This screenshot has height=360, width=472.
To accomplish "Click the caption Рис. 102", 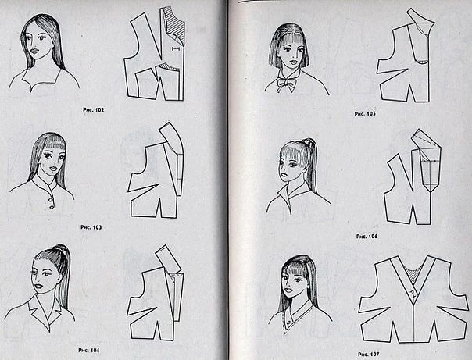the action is tap(93, 110).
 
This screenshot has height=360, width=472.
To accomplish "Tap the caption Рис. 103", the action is tap(91, 227).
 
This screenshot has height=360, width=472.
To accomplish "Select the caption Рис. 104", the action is tap(89, 350).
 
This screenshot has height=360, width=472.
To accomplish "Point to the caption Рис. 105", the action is tap(365, 114).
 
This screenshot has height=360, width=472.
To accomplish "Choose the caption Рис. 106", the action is tap(367, 237).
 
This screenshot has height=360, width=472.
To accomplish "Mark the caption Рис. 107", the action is tap(369, 354).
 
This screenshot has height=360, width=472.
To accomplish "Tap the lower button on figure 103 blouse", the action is tap(52, 207).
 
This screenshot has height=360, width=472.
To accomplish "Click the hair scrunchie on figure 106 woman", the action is tap(307, 141).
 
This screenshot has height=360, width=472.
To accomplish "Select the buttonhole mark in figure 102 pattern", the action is tap(176, 48).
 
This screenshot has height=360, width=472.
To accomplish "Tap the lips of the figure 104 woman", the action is tap(38, 287).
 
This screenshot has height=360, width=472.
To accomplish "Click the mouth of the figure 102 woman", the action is tap(34, 51).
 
